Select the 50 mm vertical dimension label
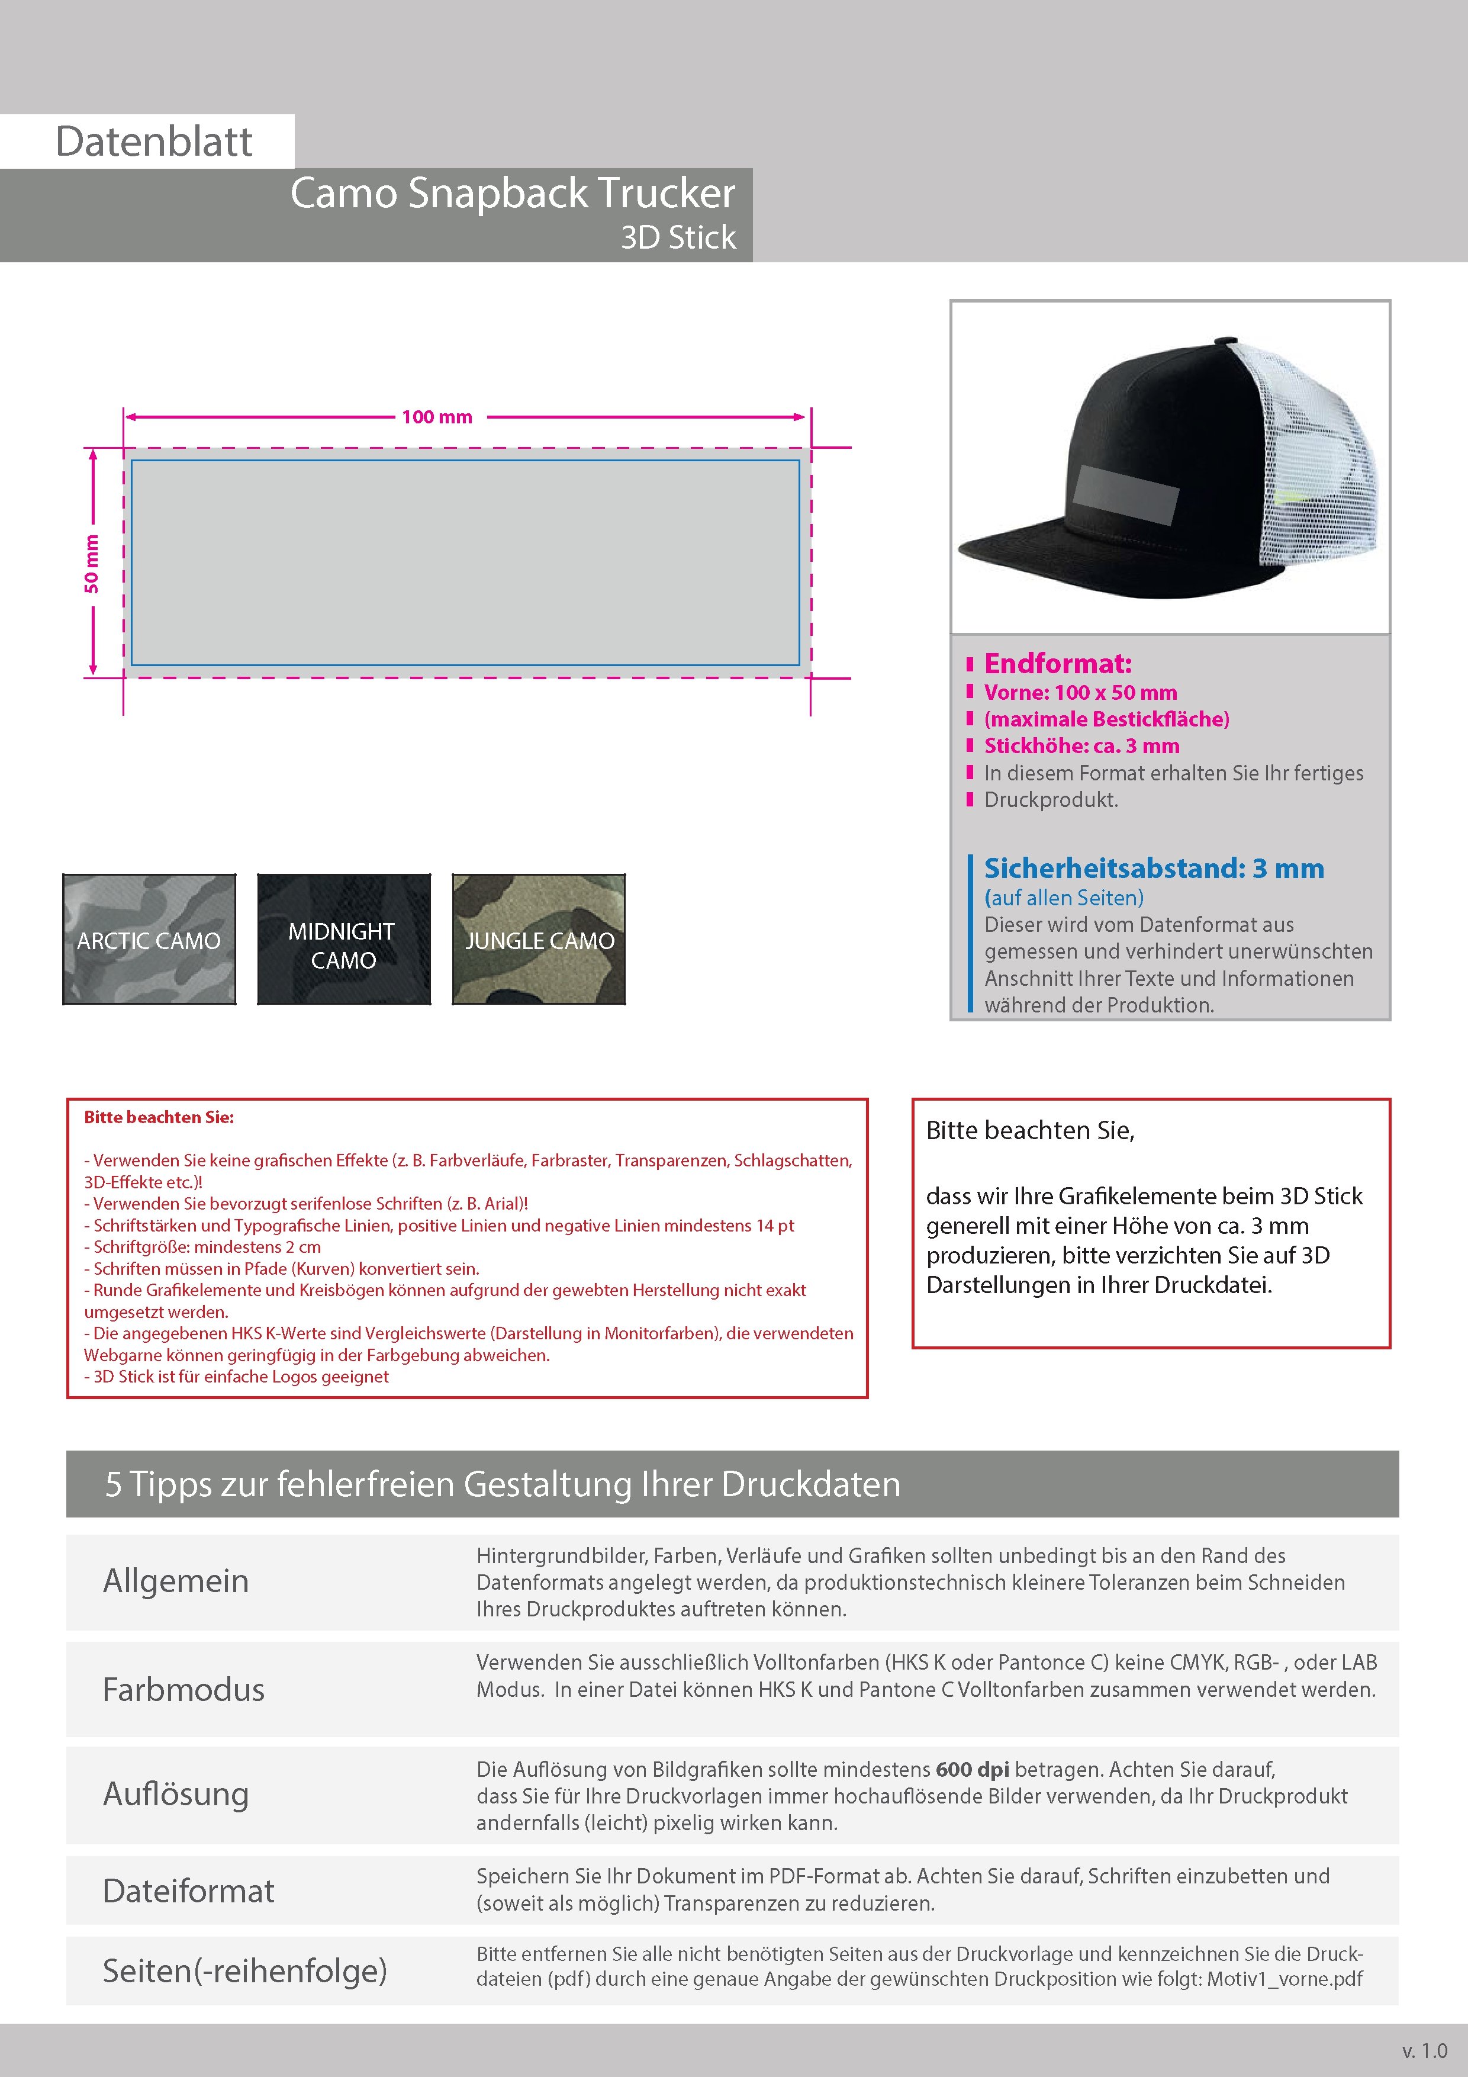tap(91, 564)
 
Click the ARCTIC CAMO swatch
tap(149, 940)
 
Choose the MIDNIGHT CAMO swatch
tap(344, 940)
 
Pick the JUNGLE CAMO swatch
tap(539, 940)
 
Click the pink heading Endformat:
tap(1057, 664)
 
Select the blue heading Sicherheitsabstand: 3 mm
tap(1153, 869)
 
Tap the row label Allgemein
tap(175, 1580)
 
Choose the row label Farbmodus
tap(183, 1689)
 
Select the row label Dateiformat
tap(188, 1890)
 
